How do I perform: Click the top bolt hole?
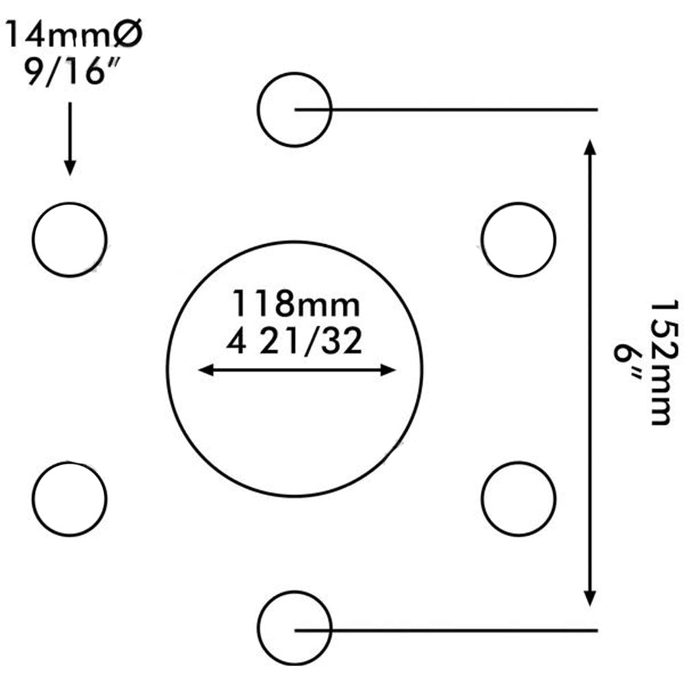pos(295,109)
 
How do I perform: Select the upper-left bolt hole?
pos(69,239)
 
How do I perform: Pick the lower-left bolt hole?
pos(69,499)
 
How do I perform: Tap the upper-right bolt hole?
pos(518,239)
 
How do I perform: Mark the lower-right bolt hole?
pos(518,499)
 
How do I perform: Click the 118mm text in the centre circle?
pos(296,304)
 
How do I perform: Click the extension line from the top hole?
pos(465,109)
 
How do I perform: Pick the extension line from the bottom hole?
pos(465,629)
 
